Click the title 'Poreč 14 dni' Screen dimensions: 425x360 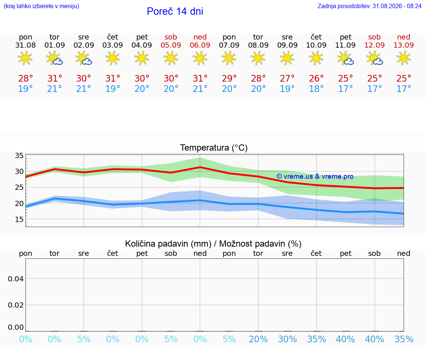tap(175, 11)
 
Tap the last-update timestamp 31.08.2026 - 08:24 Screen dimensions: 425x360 tap(397, 6)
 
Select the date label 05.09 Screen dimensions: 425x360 tap(171, 45)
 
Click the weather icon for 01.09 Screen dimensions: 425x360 tap(55, 58)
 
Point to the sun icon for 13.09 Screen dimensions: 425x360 tap(404, 58)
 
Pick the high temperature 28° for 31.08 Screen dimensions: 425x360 tap(25, 78)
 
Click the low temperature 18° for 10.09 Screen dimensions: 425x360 tap(316, 89)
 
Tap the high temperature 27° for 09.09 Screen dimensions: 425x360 tap(287, 78)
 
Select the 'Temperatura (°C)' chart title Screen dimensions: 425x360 tap(214, 148)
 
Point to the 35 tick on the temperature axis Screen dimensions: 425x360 tap(19, 155)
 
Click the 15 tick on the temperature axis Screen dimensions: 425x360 tap(19, 219)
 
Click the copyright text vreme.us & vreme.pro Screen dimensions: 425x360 tap(315, 176)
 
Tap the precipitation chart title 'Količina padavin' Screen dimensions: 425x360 tap(168, 244)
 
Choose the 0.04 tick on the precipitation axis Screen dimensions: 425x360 tap(16, 279)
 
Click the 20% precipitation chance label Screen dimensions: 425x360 tap(258, 339)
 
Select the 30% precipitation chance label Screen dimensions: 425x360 tap(287, 339)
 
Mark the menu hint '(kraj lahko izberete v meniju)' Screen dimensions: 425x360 tap(41, 6)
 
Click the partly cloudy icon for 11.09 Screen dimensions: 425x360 tap(346, 58)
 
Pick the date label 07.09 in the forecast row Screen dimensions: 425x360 tap(229, 45)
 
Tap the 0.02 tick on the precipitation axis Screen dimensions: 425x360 tap(16, 305)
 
